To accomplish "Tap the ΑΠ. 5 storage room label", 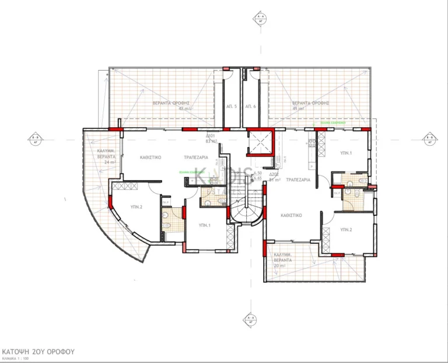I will tap(232, 106).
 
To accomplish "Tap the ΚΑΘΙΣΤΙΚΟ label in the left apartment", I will tap(150, 158).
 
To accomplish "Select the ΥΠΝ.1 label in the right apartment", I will tap(346, 153).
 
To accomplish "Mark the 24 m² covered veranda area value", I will tap(103, 163).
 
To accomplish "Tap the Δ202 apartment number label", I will tap(275, 174).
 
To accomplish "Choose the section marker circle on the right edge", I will tap(430, 139).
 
